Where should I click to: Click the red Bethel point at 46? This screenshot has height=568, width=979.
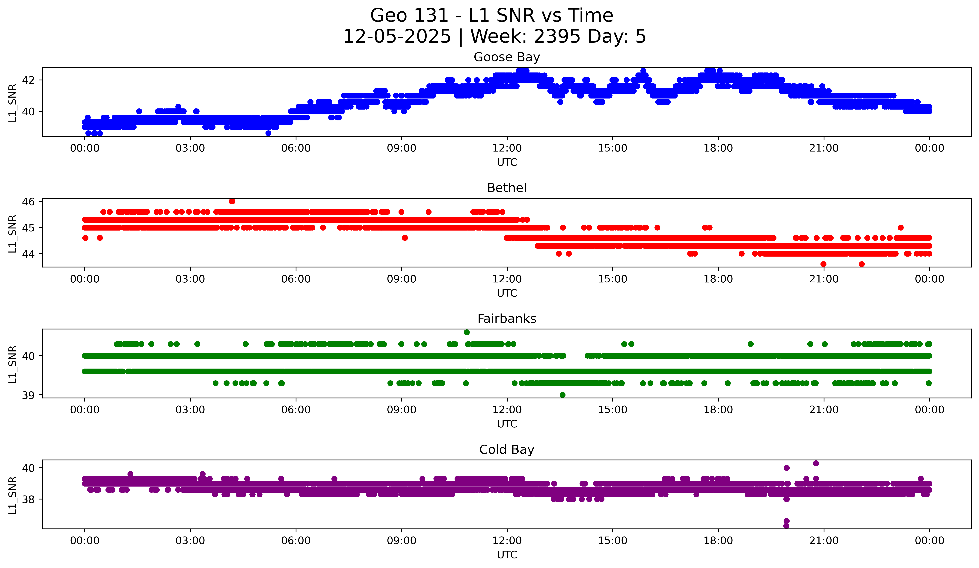tap(232, 201)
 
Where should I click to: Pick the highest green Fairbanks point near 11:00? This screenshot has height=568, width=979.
tap(467, 332)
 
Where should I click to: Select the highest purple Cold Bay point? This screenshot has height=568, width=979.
tap(816, 463)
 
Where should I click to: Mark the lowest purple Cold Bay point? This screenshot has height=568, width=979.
tap(786, 526)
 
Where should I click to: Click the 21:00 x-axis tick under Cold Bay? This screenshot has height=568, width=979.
tap(824, 540)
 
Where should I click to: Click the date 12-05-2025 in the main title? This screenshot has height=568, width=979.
tap(397, 37)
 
